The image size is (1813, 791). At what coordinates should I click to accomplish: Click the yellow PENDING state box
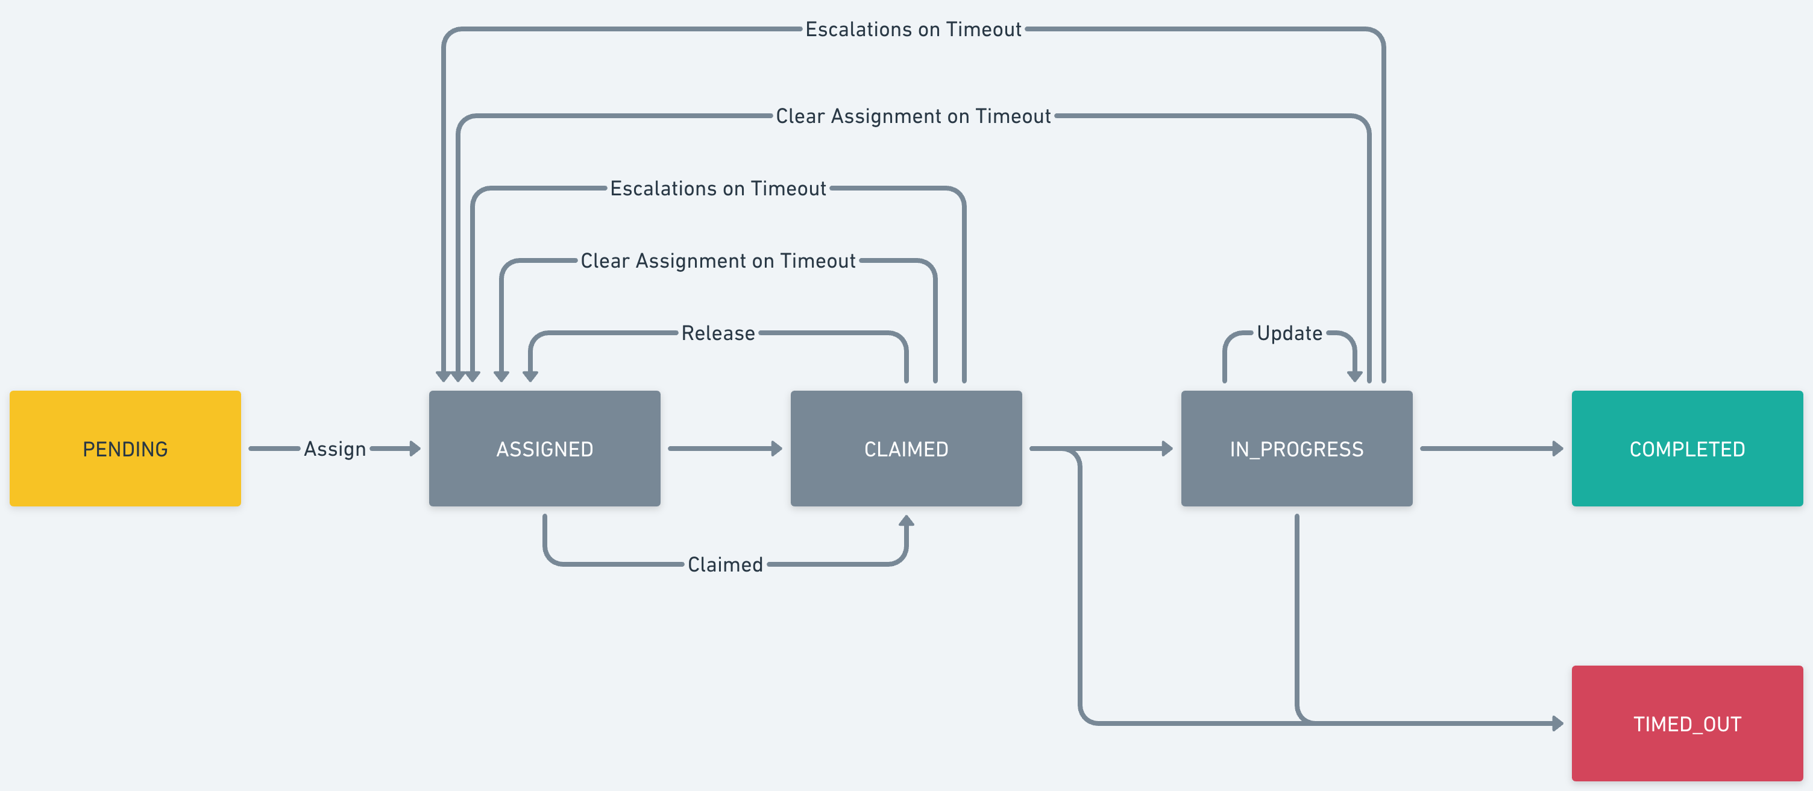(x=125, y=449)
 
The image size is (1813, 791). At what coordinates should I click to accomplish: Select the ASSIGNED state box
(x=544, y=449)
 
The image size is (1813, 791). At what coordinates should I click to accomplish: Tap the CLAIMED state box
(x=906, y=449)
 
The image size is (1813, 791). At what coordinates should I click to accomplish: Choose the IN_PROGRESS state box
(x=1296, y=449)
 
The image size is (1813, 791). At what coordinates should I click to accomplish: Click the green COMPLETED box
(x=1686, y=449)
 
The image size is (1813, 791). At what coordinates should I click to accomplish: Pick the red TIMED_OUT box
(x=1686, y=723)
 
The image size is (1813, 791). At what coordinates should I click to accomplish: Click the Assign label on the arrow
(x=335, y=449)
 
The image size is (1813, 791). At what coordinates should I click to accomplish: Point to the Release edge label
(x=718, y=333)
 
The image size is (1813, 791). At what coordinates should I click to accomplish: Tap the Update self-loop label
(x=1289, y=333)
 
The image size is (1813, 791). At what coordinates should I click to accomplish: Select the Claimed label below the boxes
(x=725, y=564)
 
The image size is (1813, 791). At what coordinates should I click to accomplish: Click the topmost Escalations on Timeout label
(x=913, y=30)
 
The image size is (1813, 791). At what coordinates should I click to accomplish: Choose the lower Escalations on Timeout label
(x=718, y=189)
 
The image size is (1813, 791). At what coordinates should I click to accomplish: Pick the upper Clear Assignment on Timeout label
(x=913, y=116)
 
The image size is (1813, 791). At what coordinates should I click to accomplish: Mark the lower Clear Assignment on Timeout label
(x=718, y=261)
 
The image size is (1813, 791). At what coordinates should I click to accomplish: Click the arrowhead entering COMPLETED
(x=1557, y=449)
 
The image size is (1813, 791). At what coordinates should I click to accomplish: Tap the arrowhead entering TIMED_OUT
(x=1557, y=723)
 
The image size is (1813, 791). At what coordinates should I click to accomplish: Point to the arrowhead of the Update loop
(x=1354, y=376)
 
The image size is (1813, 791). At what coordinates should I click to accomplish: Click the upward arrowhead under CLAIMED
(x=906, y=522)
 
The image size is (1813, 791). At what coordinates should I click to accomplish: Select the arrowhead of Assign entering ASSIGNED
(x=415, y=449)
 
